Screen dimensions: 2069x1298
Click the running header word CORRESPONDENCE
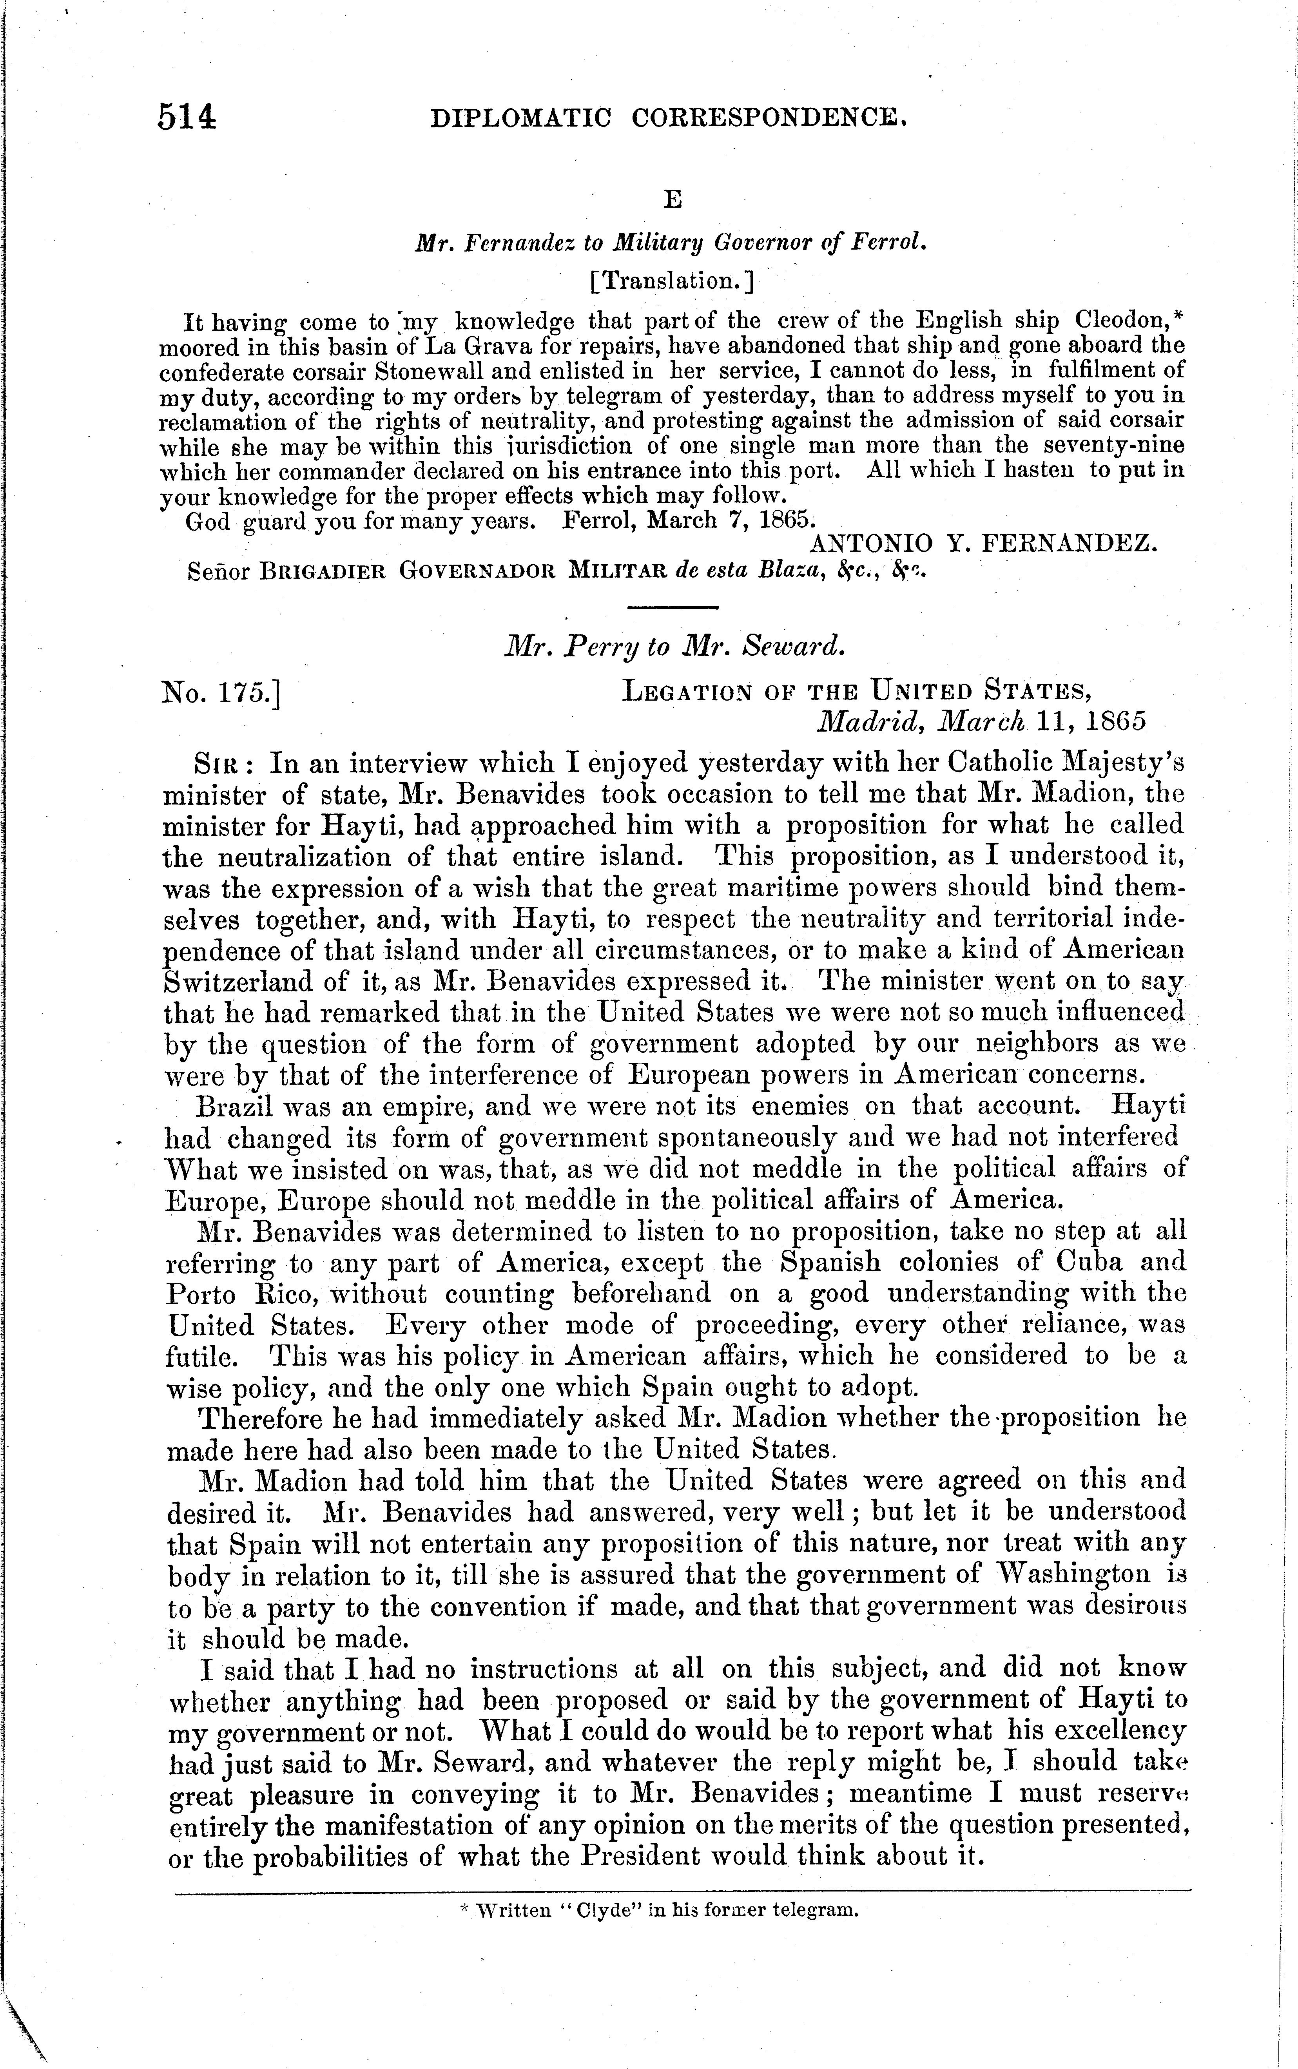click(768, 118)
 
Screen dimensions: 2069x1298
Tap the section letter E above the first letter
click(673, 200)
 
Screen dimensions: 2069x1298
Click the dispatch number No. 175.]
click(221, 692)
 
